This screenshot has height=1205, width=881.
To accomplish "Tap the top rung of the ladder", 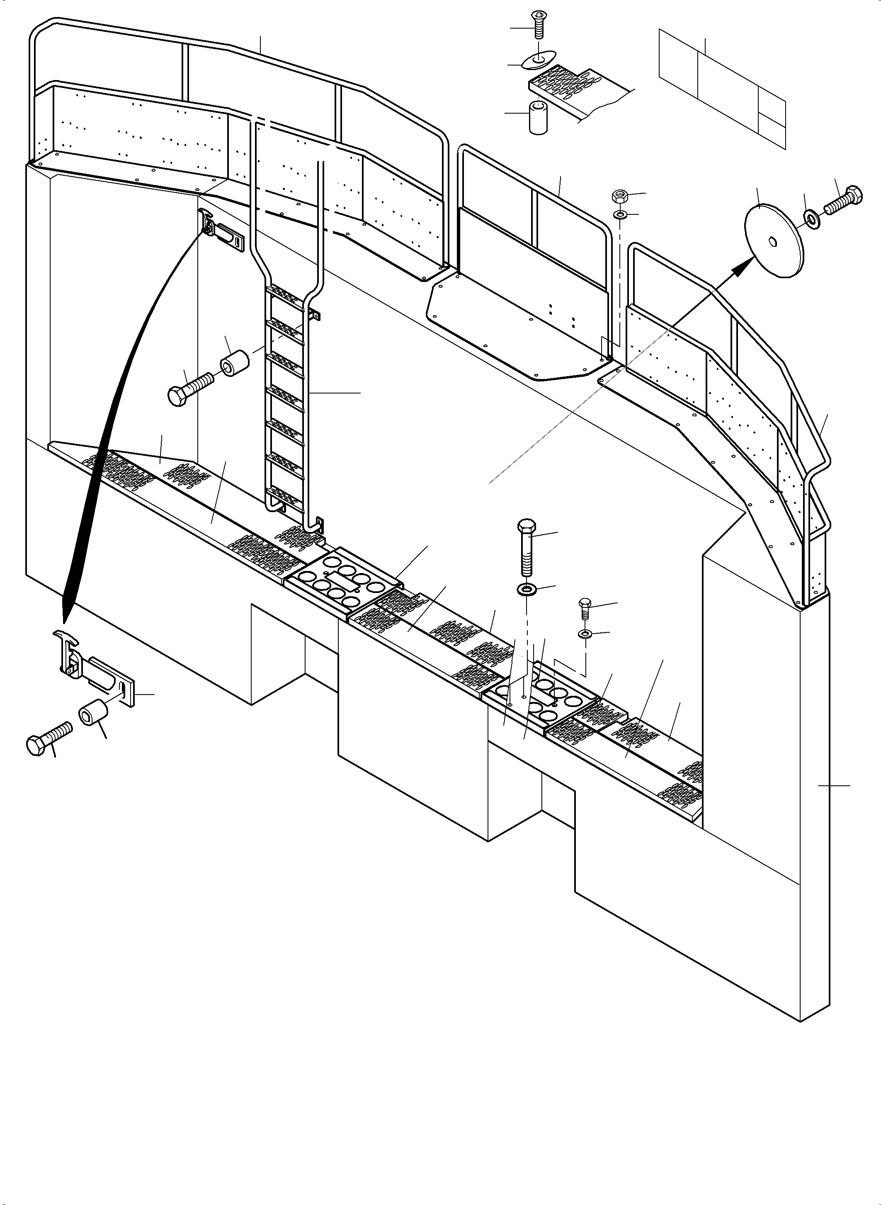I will click(285, 291).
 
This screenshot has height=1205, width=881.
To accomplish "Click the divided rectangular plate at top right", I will click(723, 88).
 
